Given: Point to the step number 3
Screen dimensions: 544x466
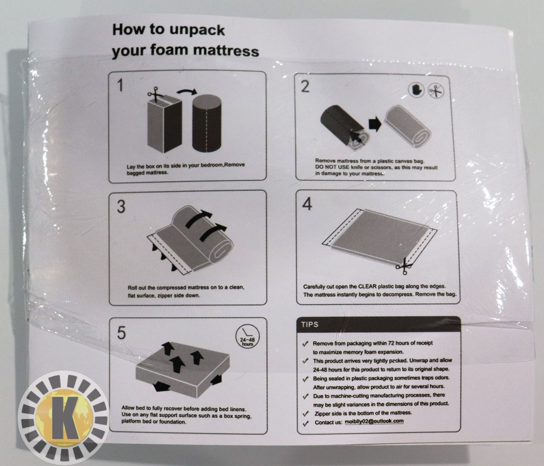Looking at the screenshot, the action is [x=121, y=207].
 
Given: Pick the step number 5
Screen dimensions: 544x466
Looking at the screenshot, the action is [x=121, y=333].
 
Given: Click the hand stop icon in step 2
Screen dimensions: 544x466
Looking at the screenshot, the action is [x=416, y=90].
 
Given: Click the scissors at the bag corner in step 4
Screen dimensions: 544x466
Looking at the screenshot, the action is [x=404, y=266].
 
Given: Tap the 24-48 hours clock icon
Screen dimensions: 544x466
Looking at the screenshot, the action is [x=247, y=337].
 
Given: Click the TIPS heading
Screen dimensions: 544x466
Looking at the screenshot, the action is [x=309, y=324].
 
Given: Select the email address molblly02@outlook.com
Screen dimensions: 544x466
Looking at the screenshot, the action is [x=374, y=421].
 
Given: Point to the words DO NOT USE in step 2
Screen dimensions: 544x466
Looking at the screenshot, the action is [x=332, y=167].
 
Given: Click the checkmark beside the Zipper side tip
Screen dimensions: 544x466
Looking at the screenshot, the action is [x=306, y=413].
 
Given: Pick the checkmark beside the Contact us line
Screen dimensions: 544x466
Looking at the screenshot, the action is [x=306, y=423].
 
